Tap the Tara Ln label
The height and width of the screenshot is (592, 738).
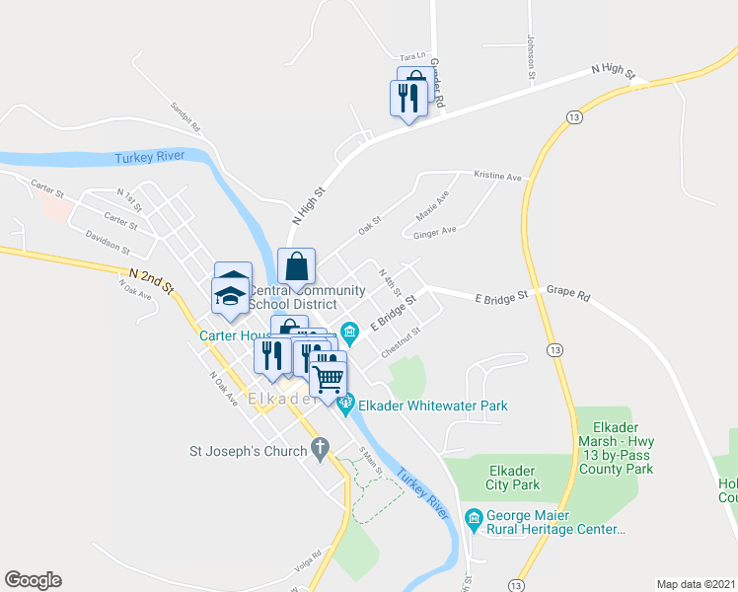point(411,57)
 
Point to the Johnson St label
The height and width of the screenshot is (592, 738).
point(531,57)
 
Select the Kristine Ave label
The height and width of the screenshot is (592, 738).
point(497,177)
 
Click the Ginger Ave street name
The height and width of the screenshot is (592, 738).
point(435,231)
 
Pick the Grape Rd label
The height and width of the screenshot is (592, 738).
point(567,293)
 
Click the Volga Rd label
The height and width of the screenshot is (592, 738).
point(309,559)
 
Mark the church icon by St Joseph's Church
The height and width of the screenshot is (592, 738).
point(319,451)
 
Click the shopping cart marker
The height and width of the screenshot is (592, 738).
point(329,377)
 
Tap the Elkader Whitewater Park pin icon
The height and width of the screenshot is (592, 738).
point(346,404)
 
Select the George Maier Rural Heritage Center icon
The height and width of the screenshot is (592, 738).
point(474,518)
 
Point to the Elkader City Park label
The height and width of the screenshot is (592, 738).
point(513,477)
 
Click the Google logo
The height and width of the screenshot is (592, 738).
point(33,580)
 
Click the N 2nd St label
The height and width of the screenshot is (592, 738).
point(150,279)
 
